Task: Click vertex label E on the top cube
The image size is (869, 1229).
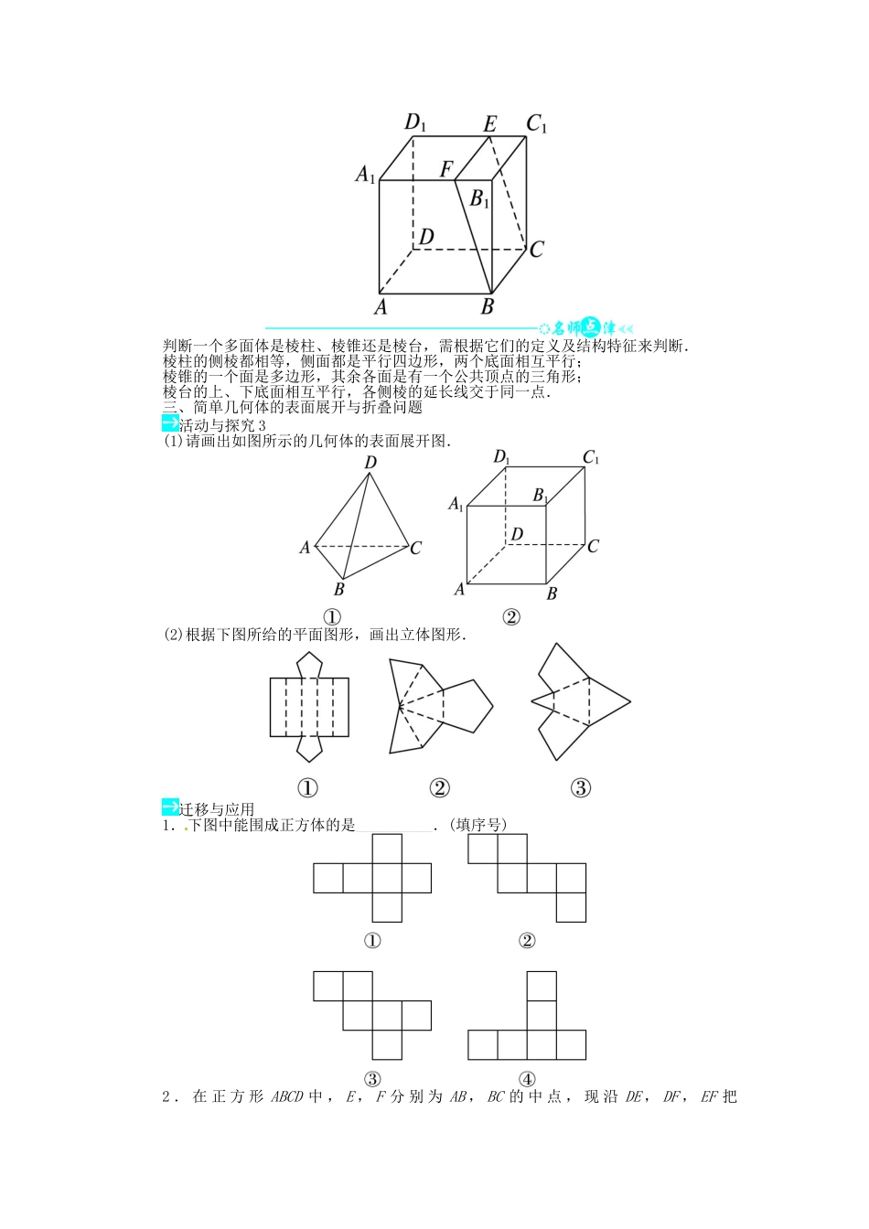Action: (490, 123)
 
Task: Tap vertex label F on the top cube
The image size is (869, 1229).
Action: (446, 169)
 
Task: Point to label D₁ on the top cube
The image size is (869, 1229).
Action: (416, 122)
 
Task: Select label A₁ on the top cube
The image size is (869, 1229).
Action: (366, 173)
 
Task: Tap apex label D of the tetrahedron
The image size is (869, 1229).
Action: (370, 463)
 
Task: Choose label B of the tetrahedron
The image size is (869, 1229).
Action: (339, 589)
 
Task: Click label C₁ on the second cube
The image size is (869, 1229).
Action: (591, 458)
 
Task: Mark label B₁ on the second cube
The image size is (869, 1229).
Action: (541, 496)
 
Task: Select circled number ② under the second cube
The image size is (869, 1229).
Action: (511, 617)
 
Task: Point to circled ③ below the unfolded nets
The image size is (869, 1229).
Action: (581, 787)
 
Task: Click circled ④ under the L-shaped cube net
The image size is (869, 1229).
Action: (527, 1079)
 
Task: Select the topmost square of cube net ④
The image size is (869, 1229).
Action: (542, 986)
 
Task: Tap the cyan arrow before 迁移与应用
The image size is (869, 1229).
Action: (170, 807)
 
